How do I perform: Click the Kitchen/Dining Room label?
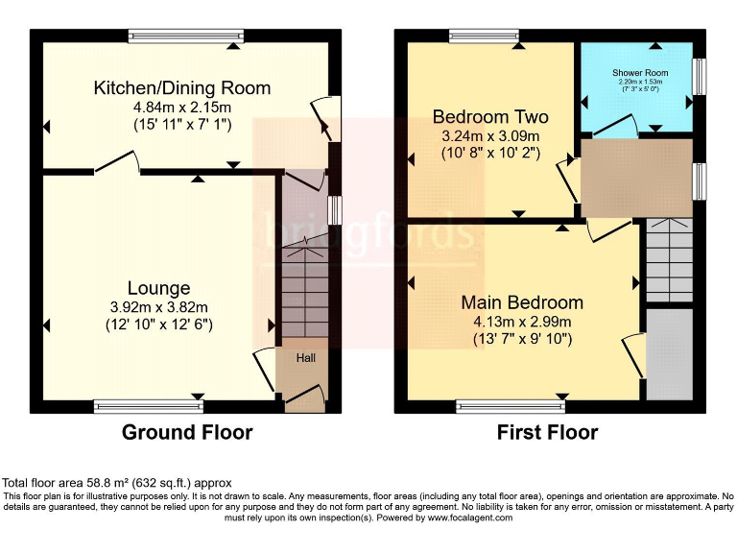tap(182, 87)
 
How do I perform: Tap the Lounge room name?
tap(159, 288)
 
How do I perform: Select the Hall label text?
tap(305, 358)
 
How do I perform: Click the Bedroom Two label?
tap(490, 117)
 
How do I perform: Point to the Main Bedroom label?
tap(522, 302)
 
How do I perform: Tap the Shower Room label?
tap(640, 73)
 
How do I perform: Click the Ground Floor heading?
tap(187, 433)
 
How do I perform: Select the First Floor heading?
tap(547, 433)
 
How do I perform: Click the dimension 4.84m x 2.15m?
tap(182, 107)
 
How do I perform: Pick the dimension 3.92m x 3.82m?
tap(159, 307)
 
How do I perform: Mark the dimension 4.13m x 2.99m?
tap(522, 321)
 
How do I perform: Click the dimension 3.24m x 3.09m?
tap(490, 135)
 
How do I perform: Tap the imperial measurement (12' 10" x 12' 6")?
tap(159, 325)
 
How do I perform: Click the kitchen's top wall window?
tap(186, 36)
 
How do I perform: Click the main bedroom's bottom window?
tap(511, 406)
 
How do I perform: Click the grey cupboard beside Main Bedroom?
tap(669, 352)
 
